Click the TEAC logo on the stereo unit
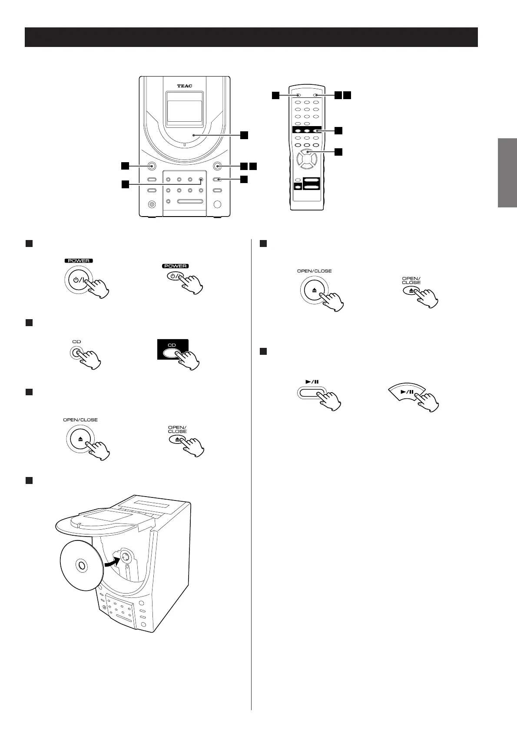tap(184, 86)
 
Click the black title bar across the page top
tap(251, 37)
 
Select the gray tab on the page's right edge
tap(507, 173)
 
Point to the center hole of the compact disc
tap(81, 565)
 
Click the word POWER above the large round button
tap(79, 261)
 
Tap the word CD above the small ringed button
tap(77, 342)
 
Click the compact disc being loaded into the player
tap(80, 566)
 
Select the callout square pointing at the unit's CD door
tap(245, 135)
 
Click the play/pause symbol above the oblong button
tap(312, 382)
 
